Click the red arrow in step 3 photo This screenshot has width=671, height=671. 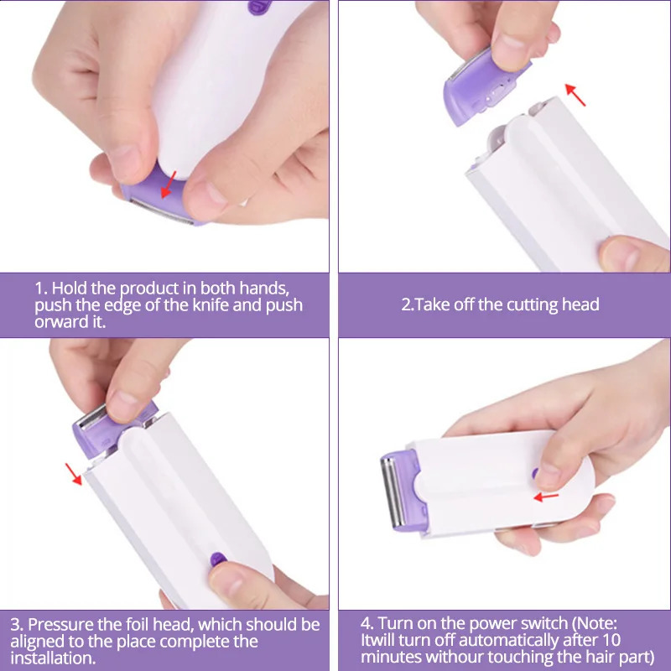pyautogui.click(x=75, y=475)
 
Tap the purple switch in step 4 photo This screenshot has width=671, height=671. pyautogui.click(x=535, y=474)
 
